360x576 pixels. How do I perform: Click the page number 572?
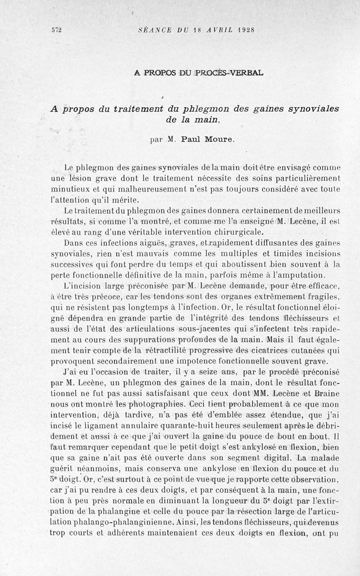pyautogui.click(x=56, y=31)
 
